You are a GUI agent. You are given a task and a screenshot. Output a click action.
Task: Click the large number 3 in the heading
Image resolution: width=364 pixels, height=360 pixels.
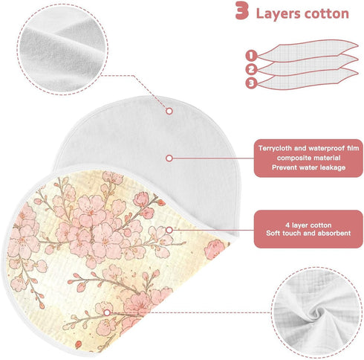[x=242, y=10]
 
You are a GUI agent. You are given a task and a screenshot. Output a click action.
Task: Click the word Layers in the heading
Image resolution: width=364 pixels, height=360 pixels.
[x=278, y=13]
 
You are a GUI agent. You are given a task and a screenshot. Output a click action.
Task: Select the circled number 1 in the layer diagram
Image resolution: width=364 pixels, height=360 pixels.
[x=251, y=55]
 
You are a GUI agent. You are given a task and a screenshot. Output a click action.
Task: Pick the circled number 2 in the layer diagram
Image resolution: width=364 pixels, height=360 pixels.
[x=251, y=69]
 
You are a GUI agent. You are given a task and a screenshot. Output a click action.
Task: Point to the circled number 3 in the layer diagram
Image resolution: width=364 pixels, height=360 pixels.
[x=251, y=83]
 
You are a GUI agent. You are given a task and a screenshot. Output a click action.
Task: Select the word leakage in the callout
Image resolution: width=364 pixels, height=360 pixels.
[x=333, y=167]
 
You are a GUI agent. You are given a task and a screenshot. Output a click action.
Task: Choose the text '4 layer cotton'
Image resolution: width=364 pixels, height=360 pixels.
[x=308, y=225]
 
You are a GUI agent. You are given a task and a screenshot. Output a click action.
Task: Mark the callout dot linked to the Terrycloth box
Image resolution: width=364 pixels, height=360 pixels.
[x=169, y=158]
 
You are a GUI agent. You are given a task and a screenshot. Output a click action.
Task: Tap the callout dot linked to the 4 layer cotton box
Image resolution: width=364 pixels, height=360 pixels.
[x=169, y=230]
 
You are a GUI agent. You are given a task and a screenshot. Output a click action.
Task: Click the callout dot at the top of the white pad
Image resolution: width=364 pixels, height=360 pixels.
[x=169, y=111]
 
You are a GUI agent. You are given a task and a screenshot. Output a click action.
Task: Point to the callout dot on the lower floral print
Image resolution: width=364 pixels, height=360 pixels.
[x=107, y=312]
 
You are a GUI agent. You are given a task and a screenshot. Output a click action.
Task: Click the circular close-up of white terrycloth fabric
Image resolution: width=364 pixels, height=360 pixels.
[x=62, y=49]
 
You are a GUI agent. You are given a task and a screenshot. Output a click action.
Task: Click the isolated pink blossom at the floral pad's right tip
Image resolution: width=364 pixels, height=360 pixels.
[x=213, y=249]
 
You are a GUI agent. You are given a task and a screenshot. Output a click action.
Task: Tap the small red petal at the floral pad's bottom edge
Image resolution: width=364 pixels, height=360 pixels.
[x=78, y=344]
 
